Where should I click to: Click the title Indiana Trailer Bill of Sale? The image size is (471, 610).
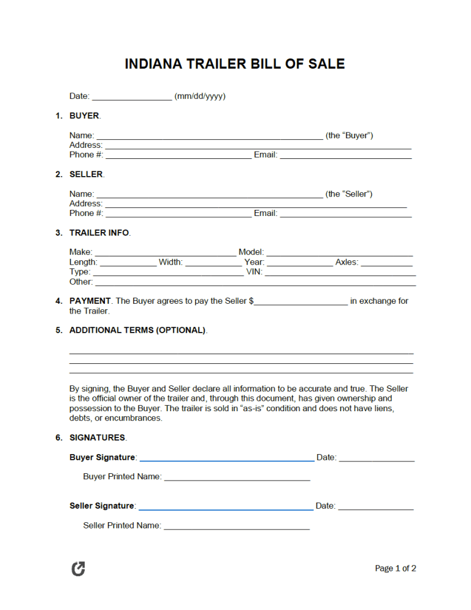coord(235,64)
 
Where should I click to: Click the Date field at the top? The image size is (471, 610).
coord(132,96)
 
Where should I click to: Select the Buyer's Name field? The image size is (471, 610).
coord(210,136)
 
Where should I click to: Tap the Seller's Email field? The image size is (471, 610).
coord(345,214)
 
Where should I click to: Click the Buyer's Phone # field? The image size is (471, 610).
coord(178,155)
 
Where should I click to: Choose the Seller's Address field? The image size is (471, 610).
coord(256,204)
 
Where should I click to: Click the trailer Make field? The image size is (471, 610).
coord(165,252)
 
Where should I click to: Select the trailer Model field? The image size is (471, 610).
coord(339,252)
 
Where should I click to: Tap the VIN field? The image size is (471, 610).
coord(340,272)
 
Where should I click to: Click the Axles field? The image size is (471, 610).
coord(386,263)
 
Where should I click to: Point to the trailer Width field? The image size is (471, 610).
coord(213,263)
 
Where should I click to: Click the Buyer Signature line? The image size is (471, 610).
coord(226,458)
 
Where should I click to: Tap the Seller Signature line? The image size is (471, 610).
coord(226,506)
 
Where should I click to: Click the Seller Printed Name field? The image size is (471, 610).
coord(237,526)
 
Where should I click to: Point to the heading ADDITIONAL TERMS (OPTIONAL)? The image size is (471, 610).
coord(137,330)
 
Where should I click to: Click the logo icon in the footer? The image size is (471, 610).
coord(78,569)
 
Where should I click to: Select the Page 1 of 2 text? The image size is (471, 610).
coord(396,569)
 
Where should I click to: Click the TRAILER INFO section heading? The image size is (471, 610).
coord(99,233)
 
